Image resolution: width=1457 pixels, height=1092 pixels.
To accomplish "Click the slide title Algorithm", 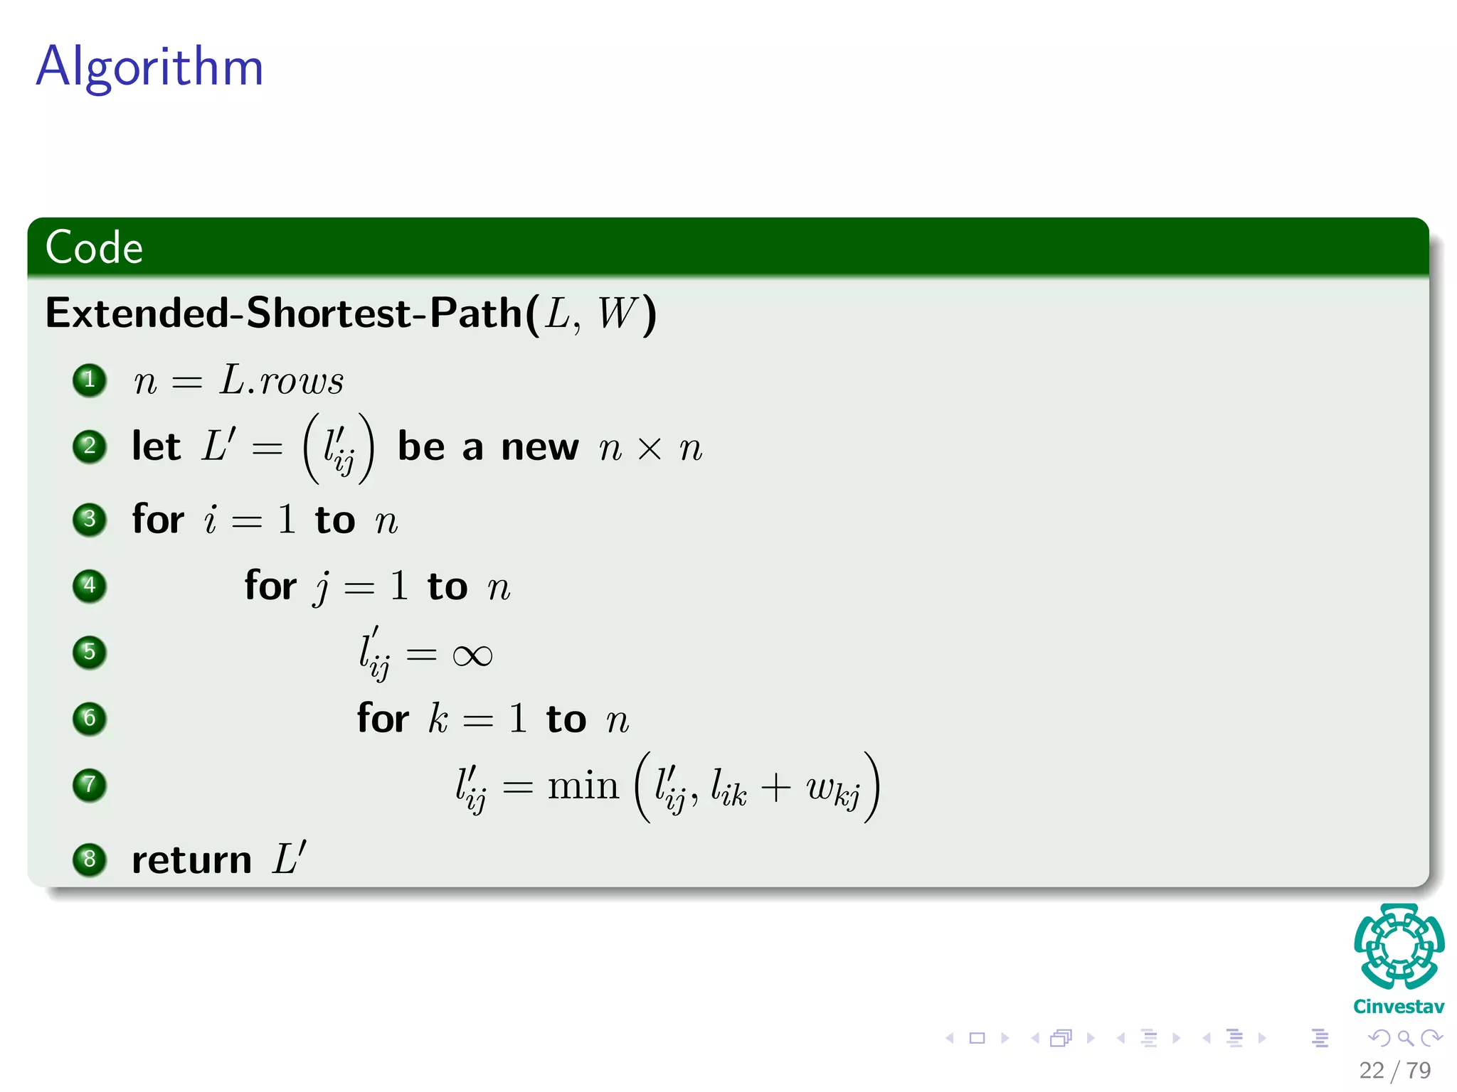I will click(x=149, y=67).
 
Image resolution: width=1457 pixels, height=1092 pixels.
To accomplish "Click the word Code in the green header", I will click(x=94, y=247).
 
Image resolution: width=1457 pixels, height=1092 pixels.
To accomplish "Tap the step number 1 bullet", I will click(x=90, y=380).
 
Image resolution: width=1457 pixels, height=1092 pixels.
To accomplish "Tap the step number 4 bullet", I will click(x=90, y=586).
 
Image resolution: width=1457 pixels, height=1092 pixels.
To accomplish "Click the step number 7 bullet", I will click(x=90, y=785).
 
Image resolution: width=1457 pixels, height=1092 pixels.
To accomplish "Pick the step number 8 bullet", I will click(x=90, y=860).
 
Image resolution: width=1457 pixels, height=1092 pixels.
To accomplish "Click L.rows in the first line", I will click(x=282, y=380).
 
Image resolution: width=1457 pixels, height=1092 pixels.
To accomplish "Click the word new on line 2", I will click(x=539, y=448).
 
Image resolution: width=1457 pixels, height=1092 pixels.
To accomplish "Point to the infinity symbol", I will click(x=472, y=655).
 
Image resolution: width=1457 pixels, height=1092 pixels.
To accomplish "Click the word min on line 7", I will click(x=583, y=786).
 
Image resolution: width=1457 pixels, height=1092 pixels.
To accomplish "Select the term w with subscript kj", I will click(x=833, y=789).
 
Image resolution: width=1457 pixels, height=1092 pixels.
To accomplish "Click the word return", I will click(x=192, y=860).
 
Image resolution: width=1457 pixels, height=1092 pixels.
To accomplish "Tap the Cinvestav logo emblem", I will click(x=1399, y=946).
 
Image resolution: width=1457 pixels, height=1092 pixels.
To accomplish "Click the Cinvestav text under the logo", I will click(x=1399, y=1007).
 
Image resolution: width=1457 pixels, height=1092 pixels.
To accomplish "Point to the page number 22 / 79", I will click(x=1394, y=1070).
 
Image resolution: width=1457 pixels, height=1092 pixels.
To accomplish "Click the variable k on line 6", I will click(x=438, y=719).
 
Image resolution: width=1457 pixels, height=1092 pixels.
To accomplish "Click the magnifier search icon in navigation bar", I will click(x=1405, y=1039).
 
